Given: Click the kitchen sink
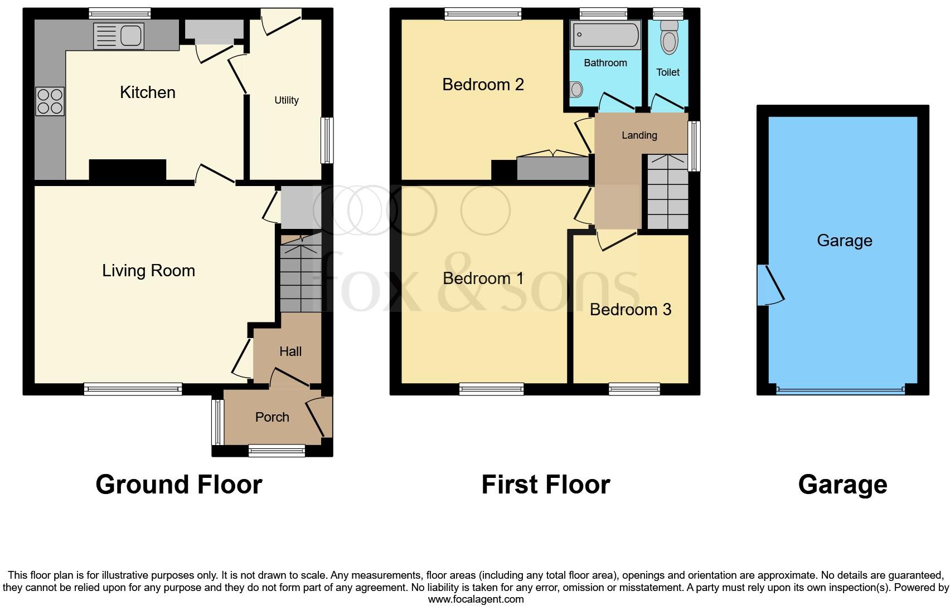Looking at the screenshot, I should pyautogui.click(x=119, y=36).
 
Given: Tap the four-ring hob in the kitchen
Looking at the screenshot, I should pyautogui.click(x=50, y=101).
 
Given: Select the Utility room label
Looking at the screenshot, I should pyautogui.click(x=286, y=100).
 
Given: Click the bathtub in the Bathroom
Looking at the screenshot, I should pyautogui.click(x=605, y=35).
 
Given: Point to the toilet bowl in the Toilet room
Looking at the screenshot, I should pyautogui.click(x=668, y=39).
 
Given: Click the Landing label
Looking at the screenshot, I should pyautogui.click(x=639, y=135).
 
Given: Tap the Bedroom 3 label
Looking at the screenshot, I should pyautogui.click(x=630, y=310).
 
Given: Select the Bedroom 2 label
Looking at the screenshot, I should pyautogui.click(x=483, y=85).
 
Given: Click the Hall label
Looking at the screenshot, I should pyautogui.click(x=290, y=351).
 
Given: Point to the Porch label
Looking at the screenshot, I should pyautogui.click(x=272, y=417).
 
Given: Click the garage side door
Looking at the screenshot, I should pyautogui.click(x=769, y=285).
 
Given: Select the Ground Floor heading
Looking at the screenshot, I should pyautogui.click(x=178, y=485).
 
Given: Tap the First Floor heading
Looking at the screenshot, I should pyautogui.click(x=545, y=485).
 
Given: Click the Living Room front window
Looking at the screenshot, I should pyautogui.click(x=133, y=389).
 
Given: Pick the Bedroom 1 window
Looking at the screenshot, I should pyautogui.click(x=491, y=389).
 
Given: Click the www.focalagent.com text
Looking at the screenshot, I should pyautogui.click(x=476, y=599).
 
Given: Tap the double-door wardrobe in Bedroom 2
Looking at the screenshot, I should pyautogui.click(x=552, y=168).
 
